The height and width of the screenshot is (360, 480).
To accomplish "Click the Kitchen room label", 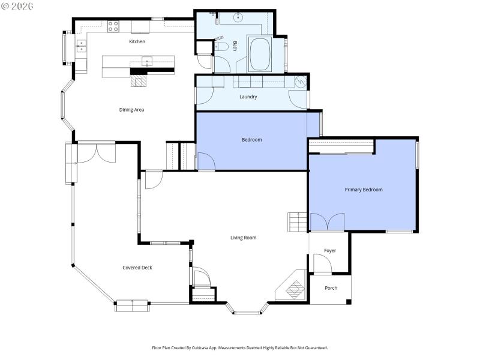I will click(x=137, y=41).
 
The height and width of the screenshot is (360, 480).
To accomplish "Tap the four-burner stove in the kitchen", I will click(x=113, y=26).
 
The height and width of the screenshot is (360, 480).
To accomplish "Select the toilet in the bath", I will click(x=220, y=47).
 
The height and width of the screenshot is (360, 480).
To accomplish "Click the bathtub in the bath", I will click(x=260, y=55).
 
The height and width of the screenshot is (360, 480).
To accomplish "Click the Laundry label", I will click(x=248, y=97).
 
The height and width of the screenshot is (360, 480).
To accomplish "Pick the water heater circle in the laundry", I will click(x=302, y=80).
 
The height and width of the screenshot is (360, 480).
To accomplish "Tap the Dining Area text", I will click(x=131, y=110).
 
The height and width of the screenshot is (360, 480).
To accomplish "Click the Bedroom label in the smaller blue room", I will click(x=251, y=140).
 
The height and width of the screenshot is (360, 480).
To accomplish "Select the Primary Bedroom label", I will click(x=363, y=190).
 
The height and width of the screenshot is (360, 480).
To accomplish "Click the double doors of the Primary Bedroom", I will click(x=327, y=222).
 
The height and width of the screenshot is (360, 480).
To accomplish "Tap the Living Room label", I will click(x=243, y=238).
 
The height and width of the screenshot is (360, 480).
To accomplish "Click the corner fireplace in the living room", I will click(x=293, y=289).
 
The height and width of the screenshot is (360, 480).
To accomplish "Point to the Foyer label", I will click(x=329, y=251).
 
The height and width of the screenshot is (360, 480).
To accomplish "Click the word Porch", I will click(x=331, y=288).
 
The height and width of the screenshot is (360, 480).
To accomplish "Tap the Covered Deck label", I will click(x=137, y=268).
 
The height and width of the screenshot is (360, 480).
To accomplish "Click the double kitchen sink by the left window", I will click(x=80, y=46).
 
